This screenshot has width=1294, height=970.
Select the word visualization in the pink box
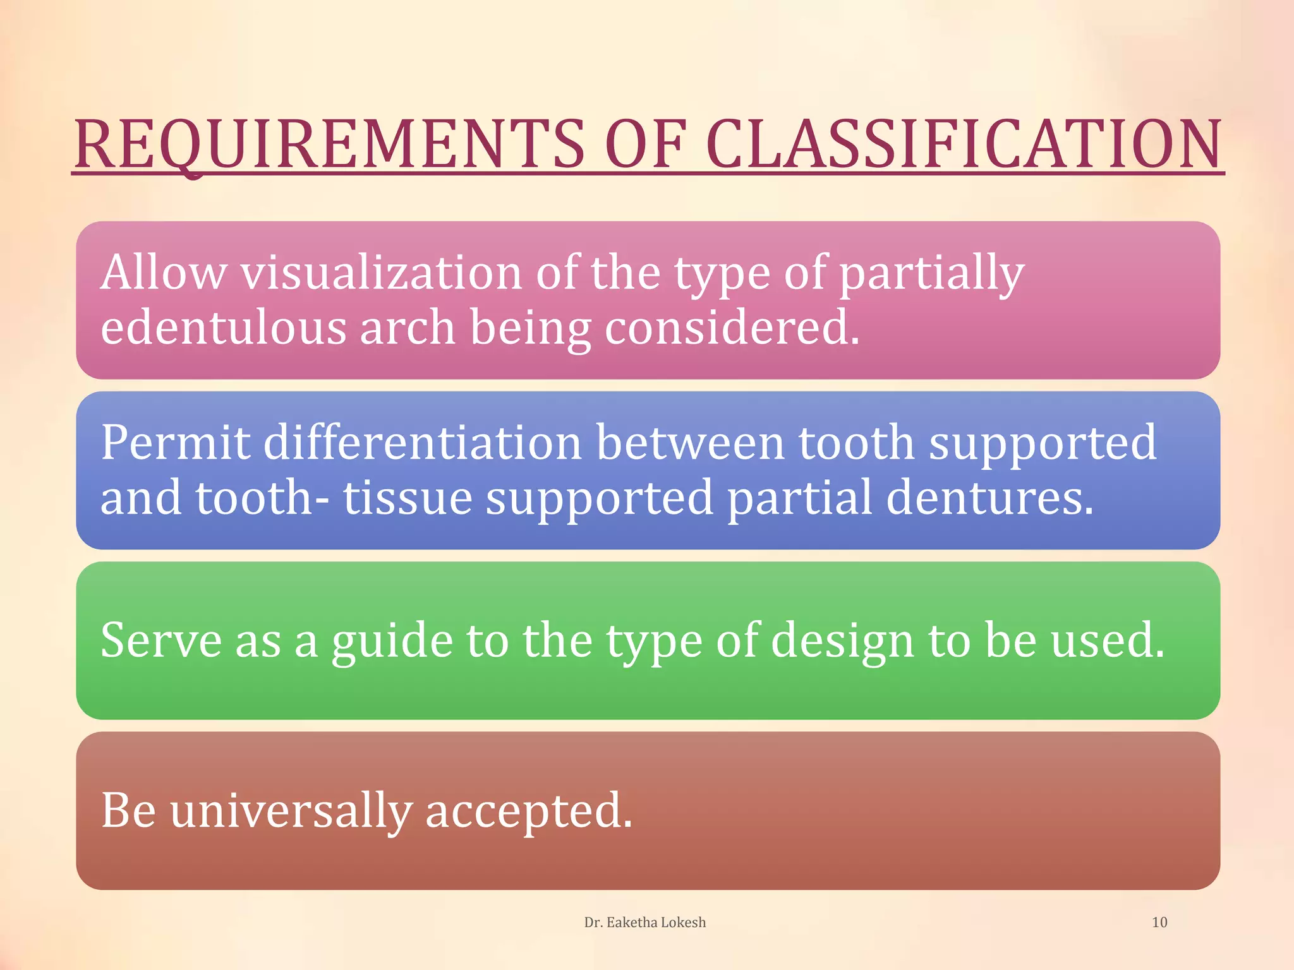[380, 273]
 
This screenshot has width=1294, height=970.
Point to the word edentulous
[223, 328]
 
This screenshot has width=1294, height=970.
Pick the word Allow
[163, 273]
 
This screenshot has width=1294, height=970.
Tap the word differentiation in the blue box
[422, 443]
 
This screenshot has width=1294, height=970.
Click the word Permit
[174, 443]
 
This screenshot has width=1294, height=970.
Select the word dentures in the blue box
[989, 498]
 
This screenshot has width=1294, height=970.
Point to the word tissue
[408, 498]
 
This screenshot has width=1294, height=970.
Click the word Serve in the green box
[160, 640]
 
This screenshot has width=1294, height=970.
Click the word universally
[291, 811]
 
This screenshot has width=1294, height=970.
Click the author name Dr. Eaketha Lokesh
[644, 922]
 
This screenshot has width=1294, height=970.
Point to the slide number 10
[1159, 922]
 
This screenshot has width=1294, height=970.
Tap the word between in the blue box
[690, 443]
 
